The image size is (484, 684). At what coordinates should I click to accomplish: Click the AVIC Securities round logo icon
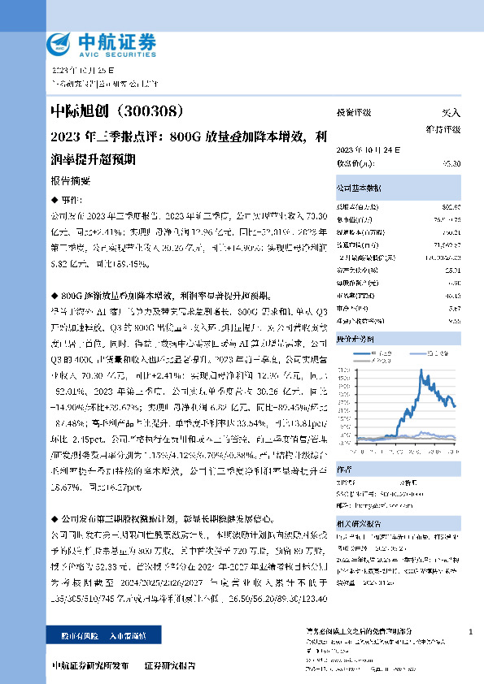[x=62, y=43]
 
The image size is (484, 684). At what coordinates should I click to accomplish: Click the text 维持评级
[x=443, y=129]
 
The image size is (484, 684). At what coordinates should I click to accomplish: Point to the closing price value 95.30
[x=451, y=163]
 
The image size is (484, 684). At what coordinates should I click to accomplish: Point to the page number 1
[x=471, y=631]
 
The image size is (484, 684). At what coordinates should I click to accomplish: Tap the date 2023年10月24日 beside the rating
[x=362, y=150]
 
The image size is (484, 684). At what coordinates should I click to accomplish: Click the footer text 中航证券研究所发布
[x=89, y=666]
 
